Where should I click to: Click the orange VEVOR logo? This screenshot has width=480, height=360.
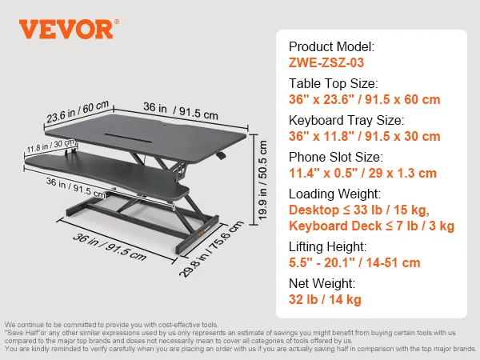click(x=69, y=29)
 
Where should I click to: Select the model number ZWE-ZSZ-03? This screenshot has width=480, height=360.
click(x=326, y=62)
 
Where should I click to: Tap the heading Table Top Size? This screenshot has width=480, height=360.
click(x=334, y=83)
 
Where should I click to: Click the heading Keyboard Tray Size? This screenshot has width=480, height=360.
click(x=346, y=120)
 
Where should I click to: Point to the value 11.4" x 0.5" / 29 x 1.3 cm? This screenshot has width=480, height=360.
click(x=362, y=173)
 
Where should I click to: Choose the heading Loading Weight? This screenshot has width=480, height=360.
click(x=335, y=194)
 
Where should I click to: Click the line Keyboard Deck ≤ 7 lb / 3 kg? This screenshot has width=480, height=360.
click(x=372, y=226)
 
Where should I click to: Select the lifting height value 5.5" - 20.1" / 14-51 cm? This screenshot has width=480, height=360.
click(x=354, y=262)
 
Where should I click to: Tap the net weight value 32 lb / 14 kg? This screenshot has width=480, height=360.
click(x=325, y=299)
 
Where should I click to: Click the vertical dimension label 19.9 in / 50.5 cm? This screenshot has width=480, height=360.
click(x=262, y=180)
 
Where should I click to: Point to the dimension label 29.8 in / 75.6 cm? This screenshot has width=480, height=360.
click(x=211, y=249)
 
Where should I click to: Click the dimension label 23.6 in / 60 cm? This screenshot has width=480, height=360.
click(x=78, y=111)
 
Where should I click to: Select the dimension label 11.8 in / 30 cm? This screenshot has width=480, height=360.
click(x=51, y=146)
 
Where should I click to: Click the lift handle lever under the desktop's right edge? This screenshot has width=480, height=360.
click(x=221, y=156)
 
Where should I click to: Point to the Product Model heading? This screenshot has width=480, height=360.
click(x=332, y=46)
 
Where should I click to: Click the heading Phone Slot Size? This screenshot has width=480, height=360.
click(x=336, y=157)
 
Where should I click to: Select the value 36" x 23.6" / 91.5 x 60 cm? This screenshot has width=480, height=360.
click(x=365, y=99)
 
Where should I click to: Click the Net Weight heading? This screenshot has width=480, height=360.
click(x=322, y=283)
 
